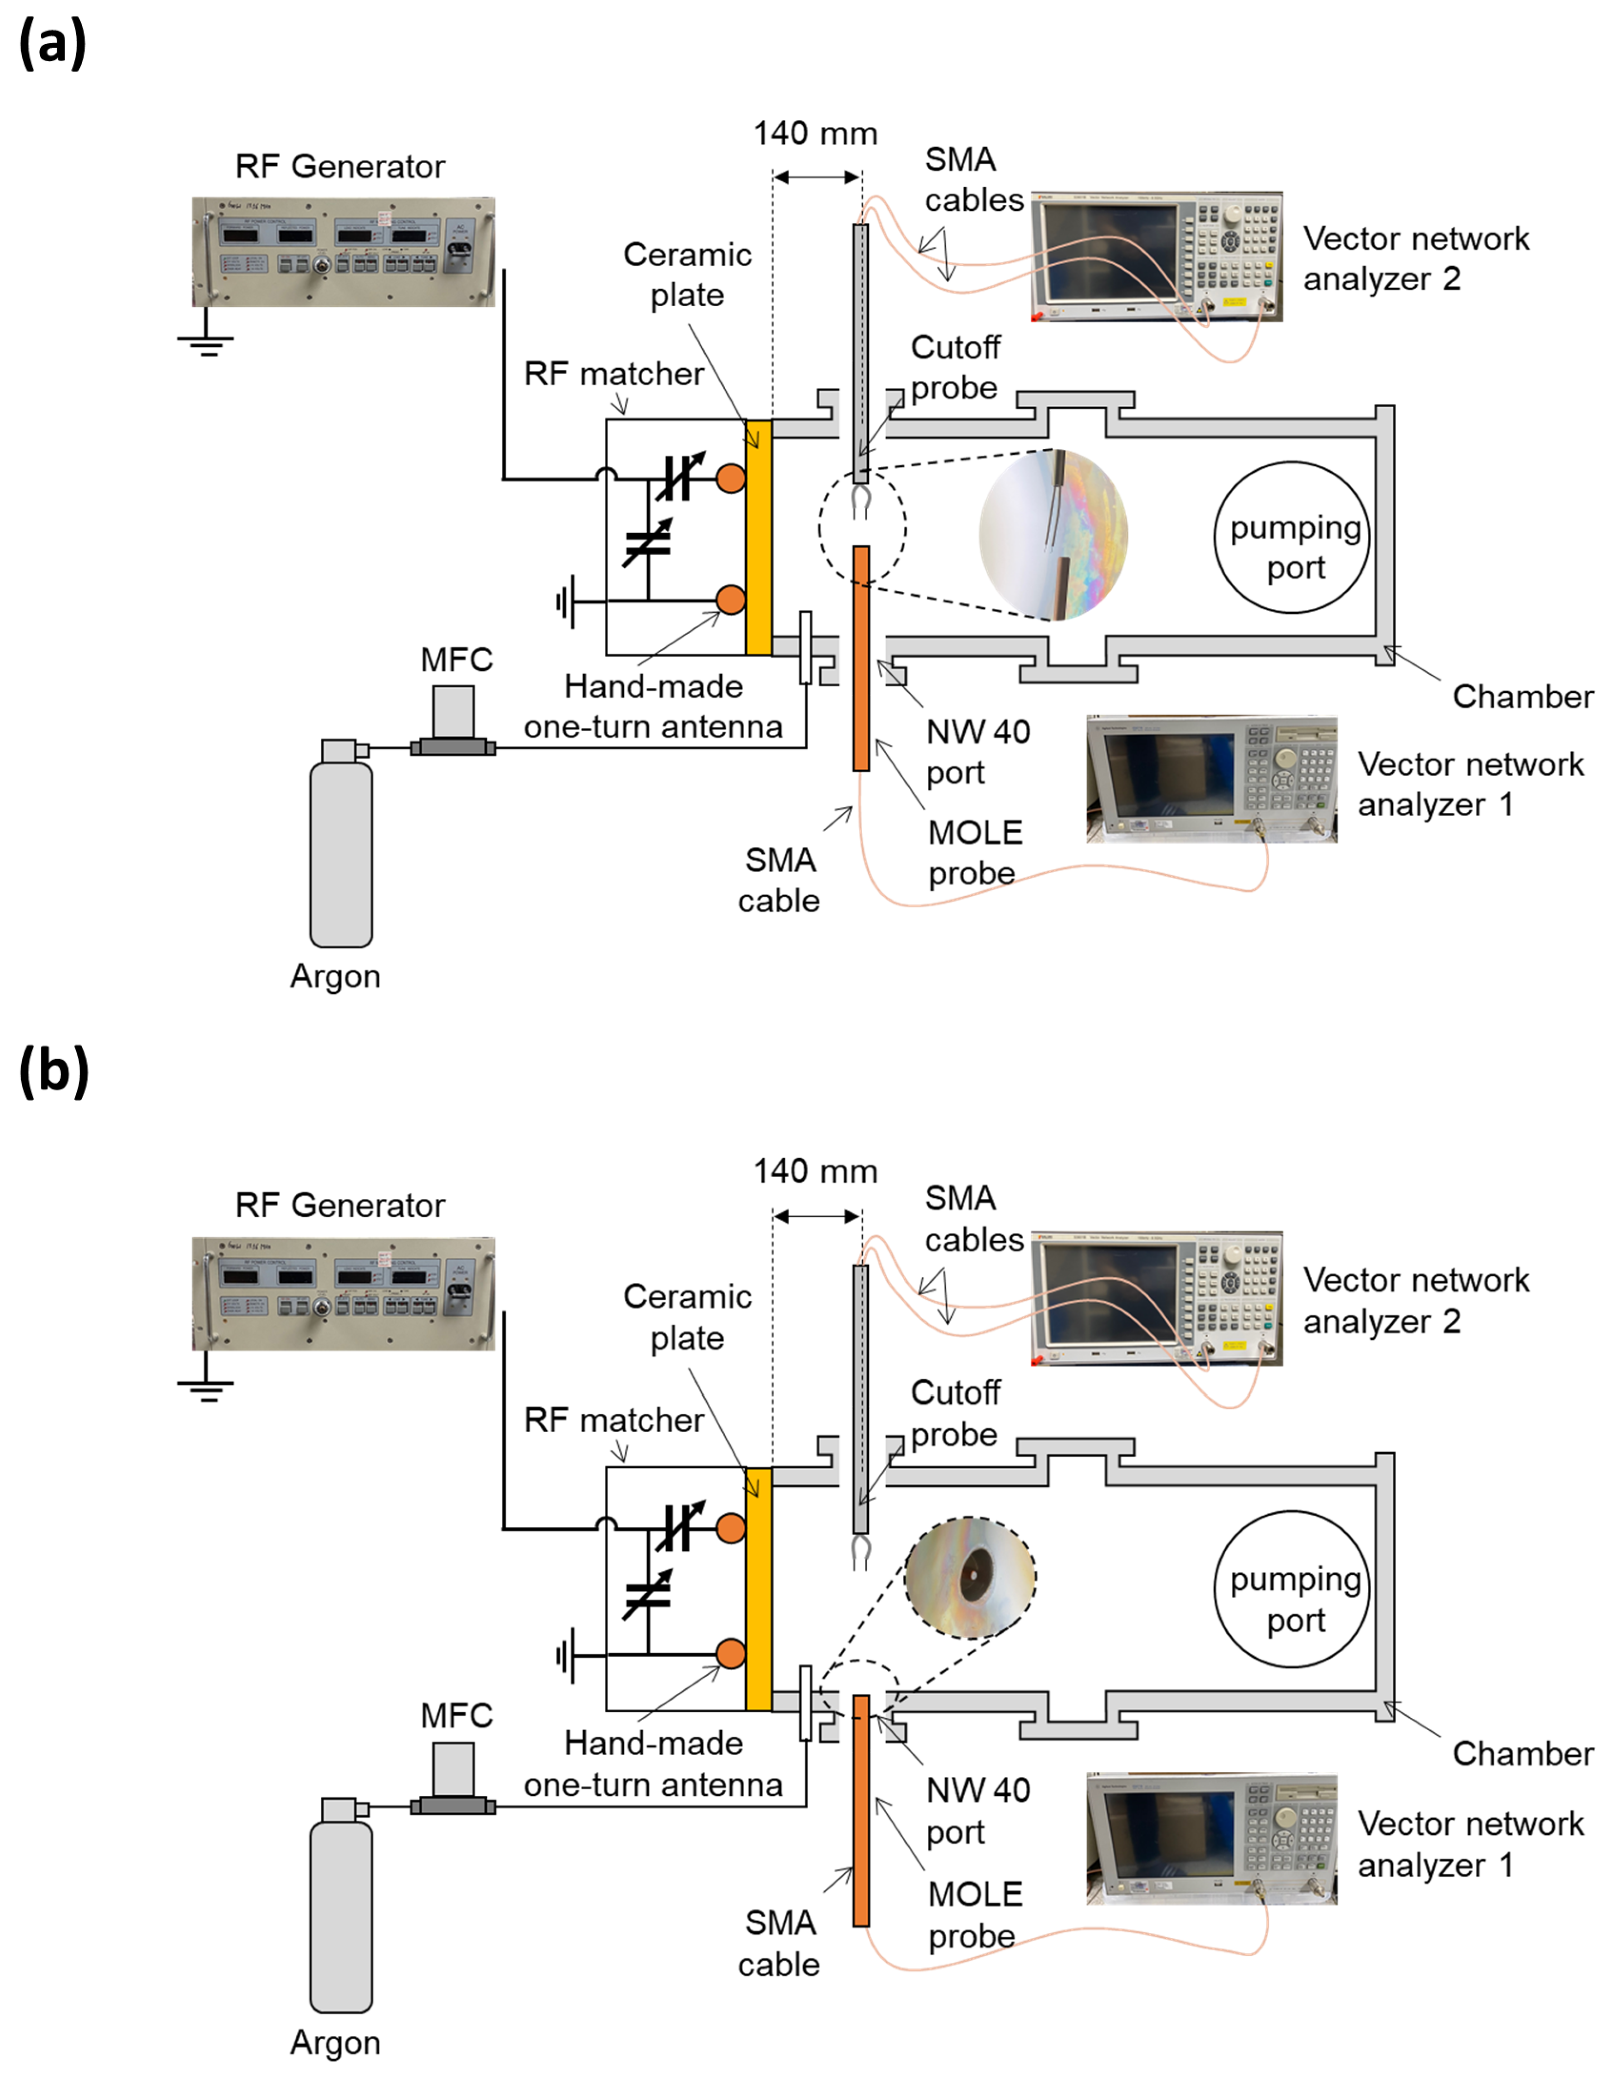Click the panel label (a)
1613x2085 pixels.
[x=52, y=43]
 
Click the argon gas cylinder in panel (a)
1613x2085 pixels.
[x=341, y=845]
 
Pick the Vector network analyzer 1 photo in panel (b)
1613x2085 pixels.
[x=1210, y=1838]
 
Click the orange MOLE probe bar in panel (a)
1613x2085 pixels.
[x=861, y=659]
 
